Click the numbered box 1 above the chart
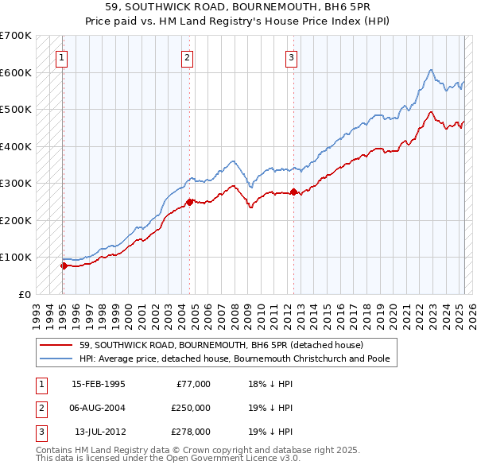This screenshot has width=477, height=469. (x=61, y=56)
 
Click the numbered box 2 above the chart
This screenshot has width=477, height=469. (x=186, y=56)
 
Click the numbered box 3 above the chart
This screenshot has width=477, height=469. (x=291, y=56)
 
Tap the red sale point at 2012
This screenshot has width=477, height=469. (x=293, y=192)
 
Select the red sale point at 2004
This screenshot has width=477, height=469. (x=190, y=202)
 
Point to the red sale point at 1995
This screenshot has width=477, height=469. (x=64, y=266)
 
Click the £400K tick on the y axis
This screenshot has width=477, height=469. (x=15, y=146)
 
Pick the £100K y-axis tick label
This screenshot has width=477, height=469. (x=15, y=257)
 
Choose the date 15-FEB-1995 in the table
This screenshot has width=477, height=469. (x=99, y=384)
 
